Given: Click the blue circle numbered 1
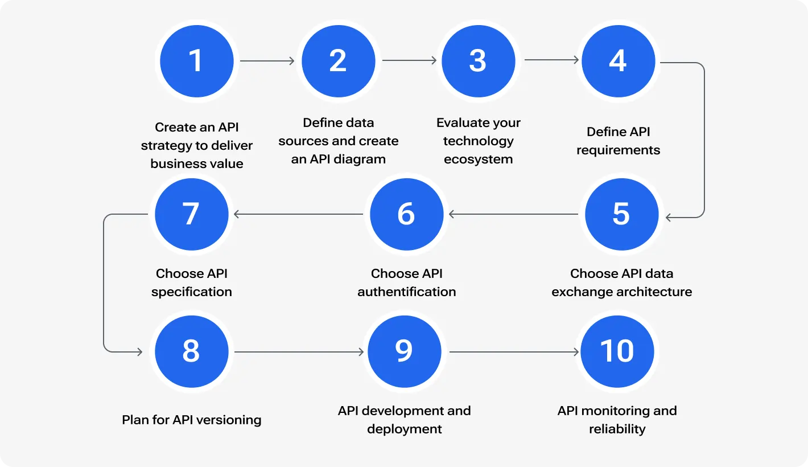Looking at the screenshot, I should coord(196,61).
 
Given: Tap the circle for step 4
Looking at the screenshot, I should coord(618,61).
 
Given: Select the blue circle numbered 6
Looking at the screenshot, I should coord(406,214).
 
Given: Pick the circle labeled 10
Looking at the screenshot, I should coord(617,351).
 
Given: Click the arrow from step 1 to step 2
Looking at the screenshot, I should coord(267,61).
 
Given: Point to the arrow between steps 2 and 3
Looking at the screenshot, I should coord(409,61).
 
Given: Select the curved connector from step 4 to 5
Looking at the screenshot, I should coord(704,140).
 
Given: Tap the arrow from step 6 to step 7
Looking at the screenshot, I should coord(298,215).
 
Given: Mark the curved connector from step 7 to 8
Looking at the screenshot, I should coord(104,283).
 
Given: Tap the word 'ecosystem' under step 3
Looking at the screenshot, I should coord(478,159).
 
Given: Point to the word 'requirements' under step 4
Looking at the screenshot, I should coord(618,150).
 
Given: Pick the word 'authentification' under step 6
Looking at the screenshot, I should coord(406,292).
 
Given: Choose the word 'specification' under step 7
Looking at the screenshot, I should coord(191,292).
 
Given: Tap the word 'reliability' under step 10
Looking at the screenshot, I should coord(617,429).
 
